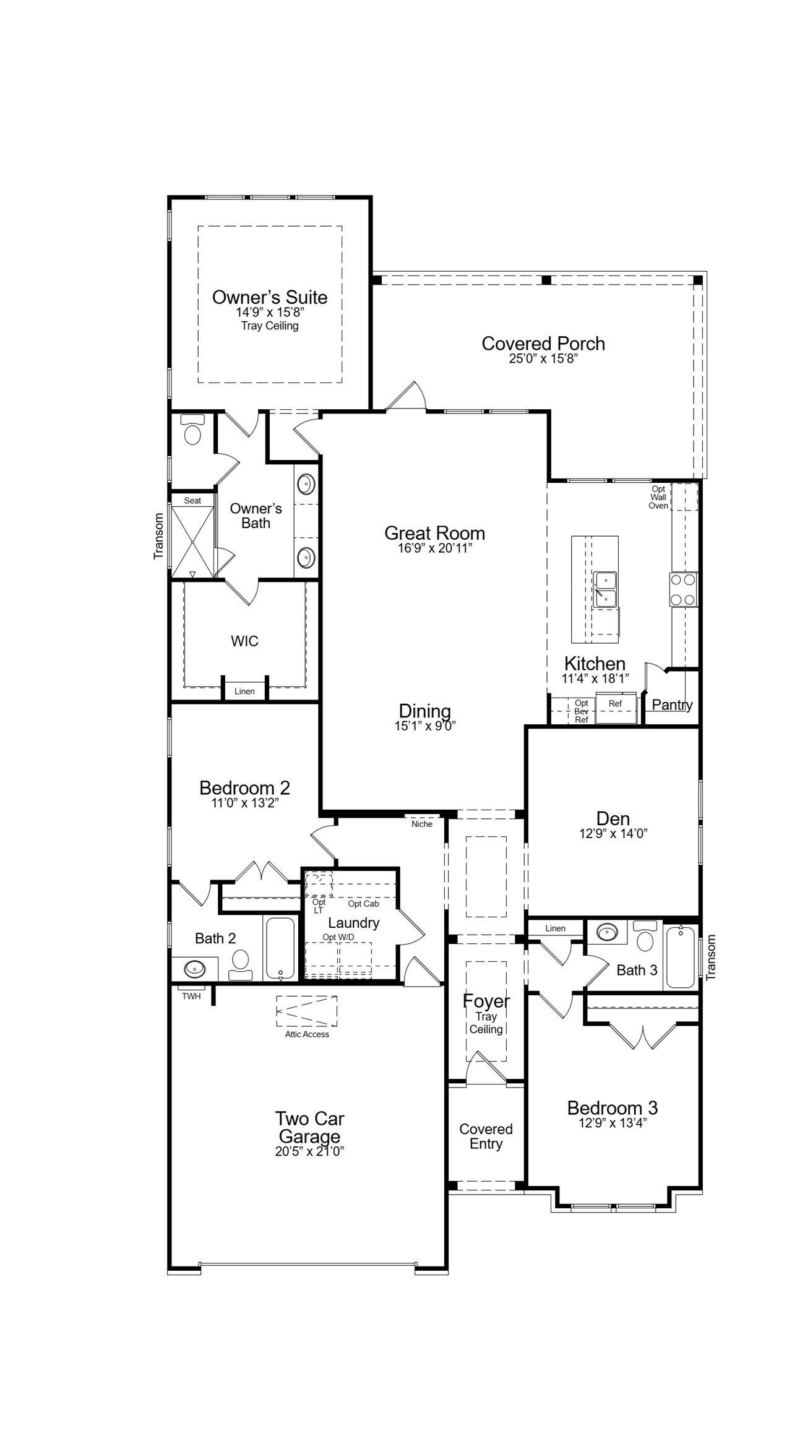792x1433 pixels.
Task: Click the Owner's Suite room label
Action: (270, 297)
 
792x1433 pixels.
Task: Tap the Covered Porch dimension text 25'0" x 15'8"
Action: (543, 359)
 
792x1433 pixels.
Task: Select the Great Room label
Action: (434, 533)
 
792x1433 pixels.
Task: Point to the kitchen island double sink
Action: (605, 589)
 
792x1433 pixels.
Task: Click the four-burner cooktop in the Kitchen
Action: (683, 589)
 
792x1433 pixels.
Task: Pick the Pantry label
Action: (672, 704)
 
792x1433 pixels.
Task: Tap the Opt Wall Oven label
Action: (658, 497)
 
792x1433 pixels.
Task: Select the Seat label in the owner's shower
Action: (192, 500)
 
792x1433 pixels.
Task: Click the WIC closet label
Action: (244, 641)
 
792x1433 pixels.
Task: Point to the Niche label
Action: (422, 824)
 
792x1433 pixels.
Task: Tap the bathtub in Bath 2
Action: (281, 947)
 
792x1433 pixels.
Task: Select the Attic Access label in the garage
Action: (307, 1034)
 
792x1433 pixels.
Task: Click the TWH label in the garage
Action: (191, 996)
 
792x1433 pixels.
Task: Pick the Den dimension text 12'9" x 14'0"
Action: (613, 834)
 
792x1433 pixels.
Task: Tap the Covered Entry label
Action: (486, 1136)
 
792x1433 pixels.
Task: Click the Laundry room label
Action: (353, 922)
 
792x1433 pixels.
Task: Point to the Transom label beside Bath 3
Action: (710, 957)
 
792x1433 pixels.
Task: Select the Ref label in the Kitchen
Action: (615, 703)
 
